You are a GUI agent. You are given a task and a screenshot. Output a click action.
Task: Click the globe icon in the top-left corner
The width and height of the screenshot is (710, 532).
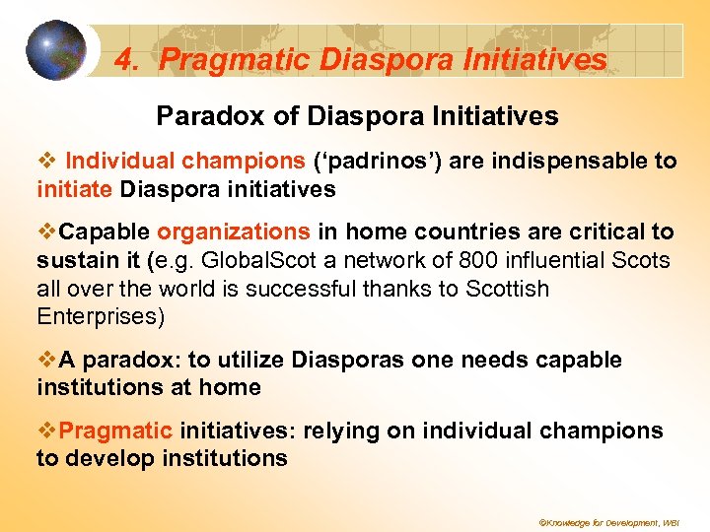[x=56, y=50]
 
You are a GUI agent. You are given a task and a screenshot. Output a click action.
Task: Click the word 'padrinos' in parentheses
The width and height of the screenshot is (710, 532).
[x=370, y=161]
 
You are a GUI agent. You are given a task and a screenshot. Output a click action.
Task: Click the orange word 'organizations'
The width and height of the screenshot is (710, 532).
[x=234, y=233]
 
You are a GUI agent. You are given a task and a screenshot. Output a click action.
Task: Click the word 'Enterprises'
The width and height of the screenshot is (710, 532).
[x=96, y=317]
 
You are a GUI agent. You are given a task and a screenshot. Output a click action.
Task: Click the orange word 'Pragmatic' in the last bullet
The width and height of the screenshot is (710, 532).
[x=115, y=432]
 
